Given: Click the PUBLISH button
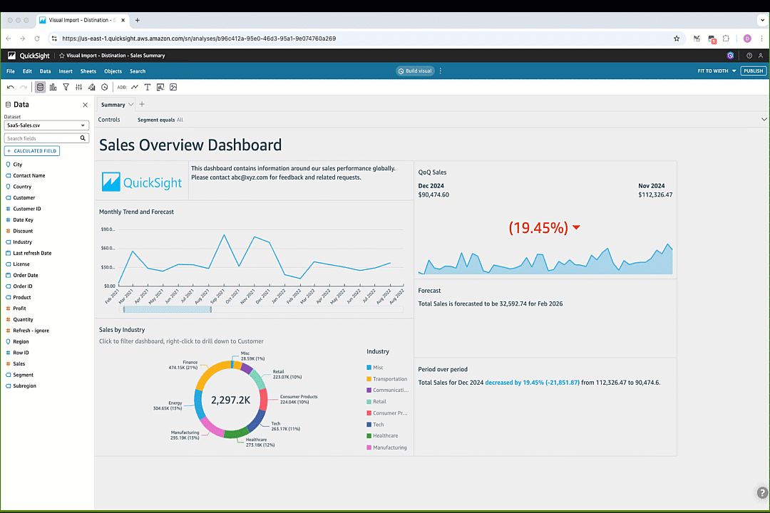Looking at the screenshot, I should [x=754, y=71].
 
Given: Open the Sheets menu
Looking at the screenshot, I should [x=88, y=71].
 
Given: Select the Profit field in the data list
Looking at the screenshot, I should [x=19, y=309].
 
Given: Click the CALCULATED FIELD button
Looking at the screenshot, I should [x=32, y=151].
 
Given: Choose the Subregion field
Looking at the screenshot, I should [x=24, y=386].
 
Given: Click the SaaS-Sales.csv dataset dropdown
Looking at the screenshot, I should [x=46, y=125].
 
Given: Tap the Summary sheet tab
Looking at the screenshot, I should [x=113, y=105].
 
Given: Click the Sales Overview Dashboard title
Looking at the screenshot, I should [x=190, y=145].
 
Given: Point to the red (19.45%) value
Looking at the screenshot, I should [x=538, y=228].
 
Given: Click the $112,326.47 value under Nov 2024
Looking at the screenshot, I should [x=655, y=195].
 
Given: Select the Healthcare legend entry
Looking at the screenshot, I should [x=385, y=436].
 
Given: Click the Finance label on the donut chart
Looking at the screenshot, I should [x=190, y=363].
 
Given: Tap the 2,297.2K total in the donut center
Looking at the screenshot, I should [x=230, y=400].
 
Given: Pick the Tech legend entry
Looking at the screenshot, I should [x=378, y=425].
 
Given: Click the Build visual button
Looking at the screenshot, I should [x=415, y=71].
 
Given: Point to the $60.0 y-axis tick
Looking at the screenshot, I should [x=108, y=248].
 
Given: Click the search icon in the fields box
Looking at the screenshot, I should [x=83, y=138].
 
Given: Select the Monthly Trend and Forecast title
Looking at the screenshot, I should [x=136, y=212].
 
